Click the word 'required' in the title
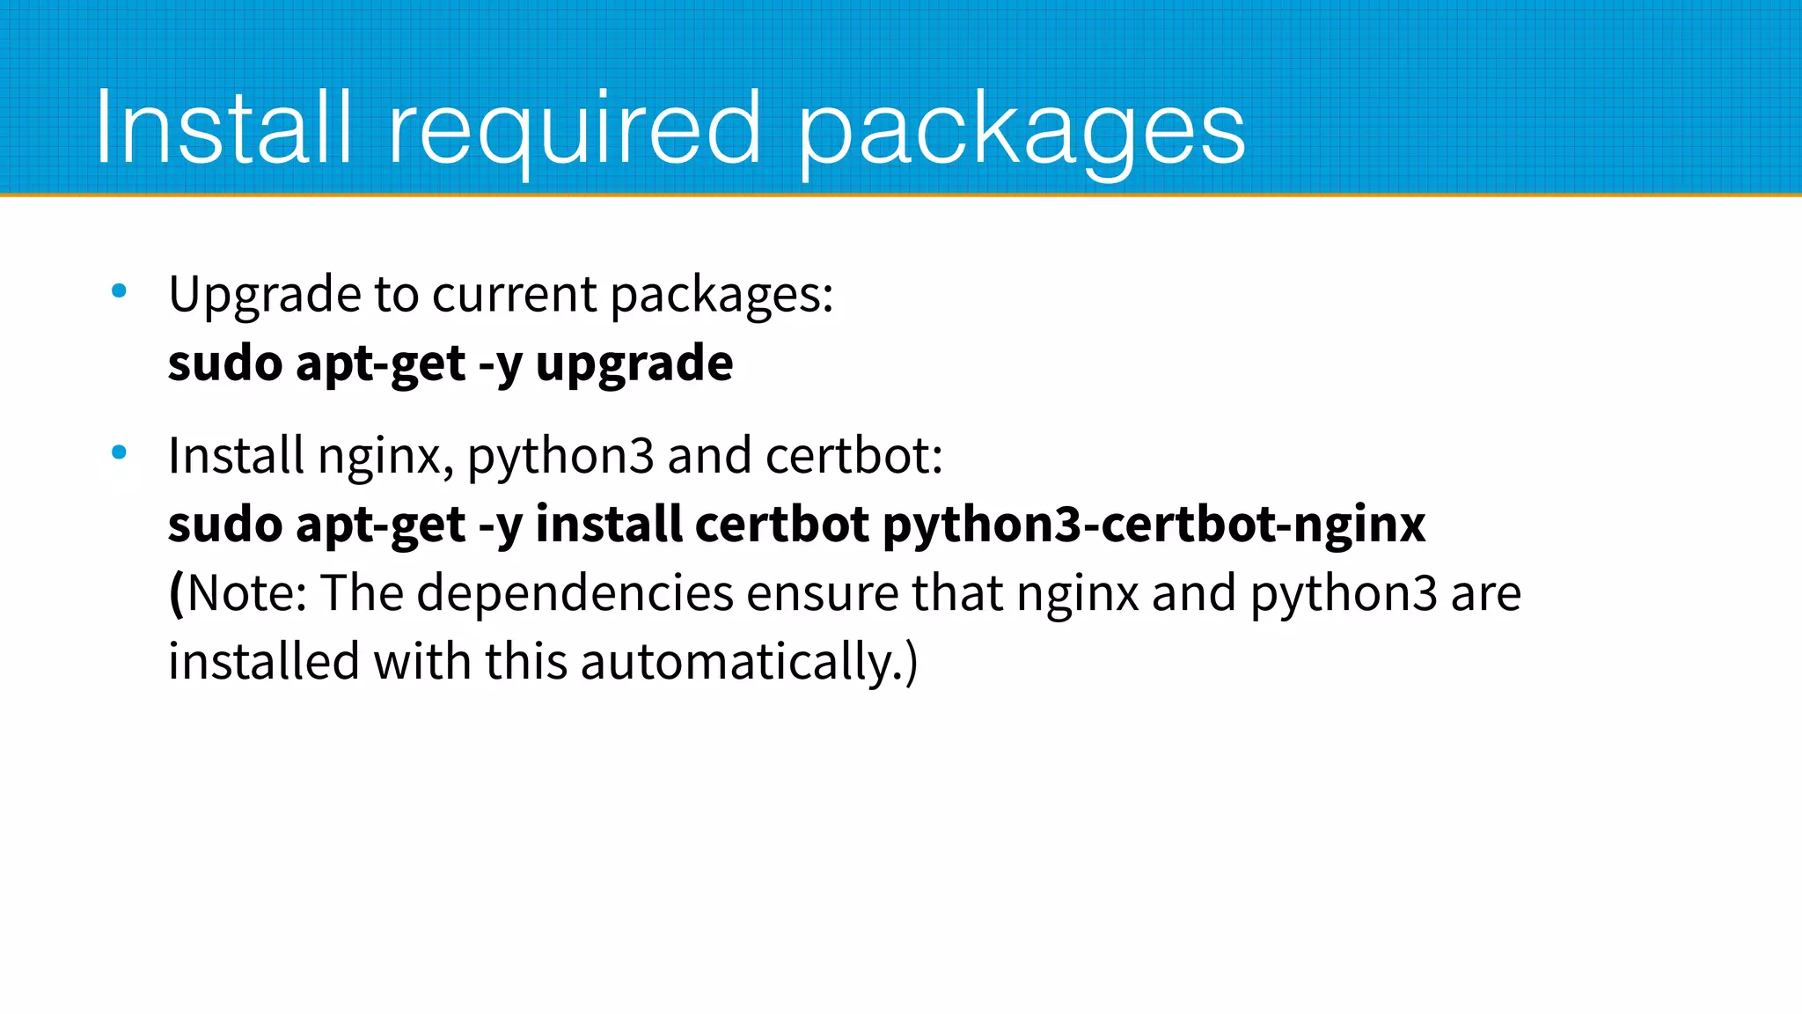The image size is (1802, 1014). point(574,129)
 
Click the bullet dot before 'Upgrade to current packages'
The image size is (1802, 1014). point(120,290)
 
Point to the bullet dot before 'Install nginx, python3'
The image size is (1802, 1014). point(120,453)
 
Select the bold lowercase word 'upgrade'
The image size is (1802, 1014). point(634,364)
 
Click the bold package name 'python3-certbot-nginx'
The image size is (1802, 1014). point(1154,525)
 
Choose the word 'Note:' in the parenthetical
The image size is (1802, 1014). point(247,592)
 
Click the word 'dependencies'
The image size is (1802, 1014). point(575,592)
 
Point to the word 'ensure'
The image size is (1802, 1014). point(822,592)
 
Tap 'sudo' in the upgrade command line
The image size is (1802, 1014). point(225,363)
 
